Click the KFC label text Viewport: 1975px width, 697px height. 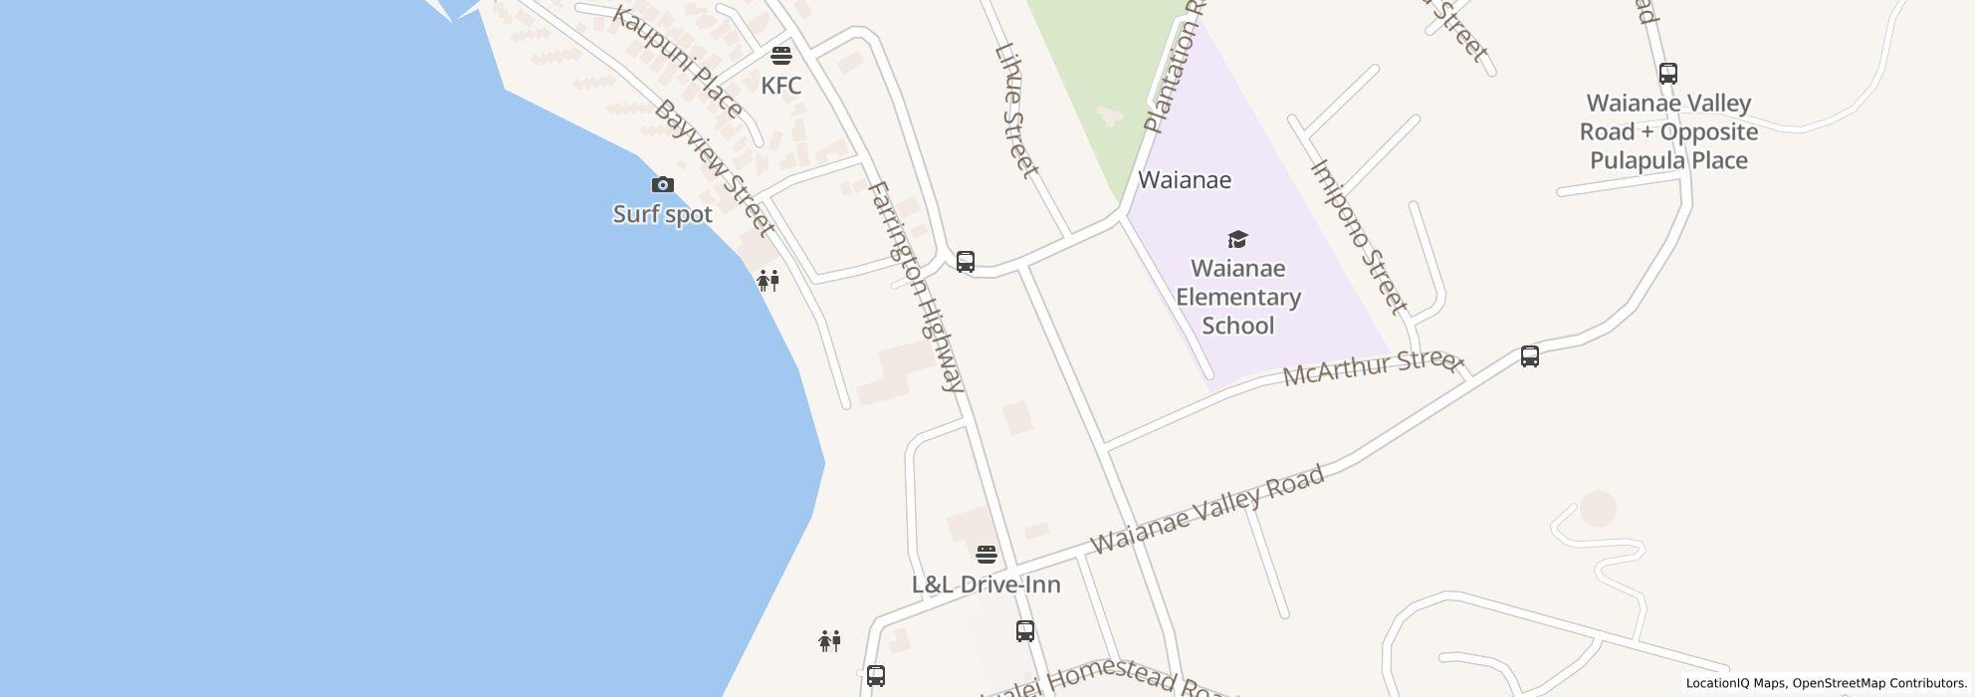[780, 86]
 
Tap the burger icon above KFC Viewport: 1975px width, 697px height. [781, 54]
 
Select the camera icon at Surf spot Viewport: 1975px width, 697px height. [662, 184]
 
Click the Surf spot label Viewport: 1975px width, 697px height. [662, 214]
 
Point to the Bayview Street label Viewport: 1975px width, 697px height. [713, 167]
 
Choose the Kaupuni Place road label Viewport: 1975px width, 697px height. [677, 62]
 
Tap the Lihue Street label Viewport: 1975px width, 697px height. [1016, 110]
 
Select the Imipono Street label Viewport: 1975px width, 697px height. [1359, 236]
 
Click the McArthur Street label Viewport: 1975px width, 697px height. [1373, 367]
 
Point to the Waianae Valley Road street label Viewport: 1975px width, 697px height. [1207, 509]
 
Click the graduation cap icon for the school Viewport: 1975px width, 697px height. [1237, 239]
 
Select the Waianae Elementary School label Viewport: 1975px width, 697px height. [1238, 297]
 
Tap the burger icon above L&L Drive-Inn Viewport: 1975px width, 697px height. [986, 554]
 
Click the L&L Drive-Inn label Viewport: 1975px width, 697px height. [986, 584]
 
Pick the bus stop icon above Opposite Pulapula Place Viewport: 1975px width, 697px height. [1667, 73]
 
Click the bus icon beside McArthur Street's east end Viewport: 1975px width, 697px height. [1529, 356]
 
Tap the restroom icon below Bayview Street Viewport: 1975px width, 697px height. [768, 281]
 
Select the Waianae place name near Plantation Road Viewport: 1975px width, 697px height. [1184, 180]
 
